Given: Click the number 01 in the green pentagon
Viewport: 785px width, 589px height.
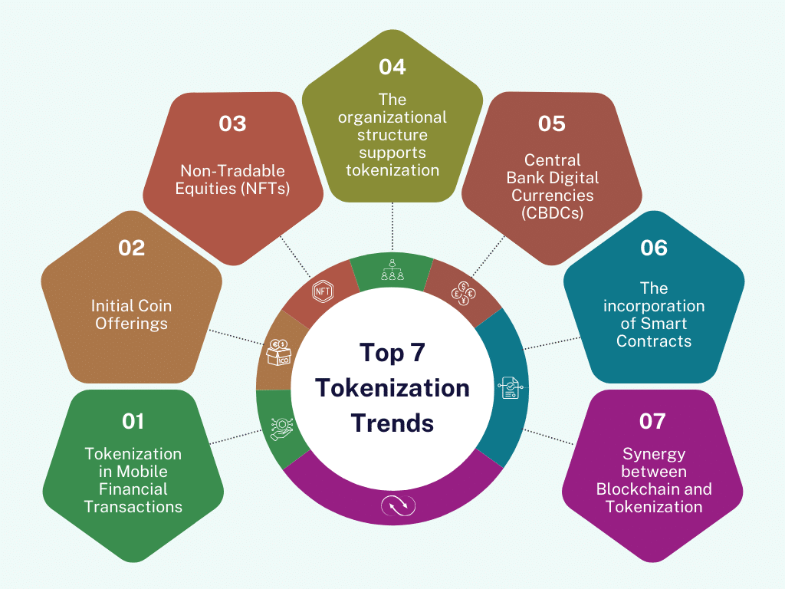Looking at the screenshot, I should pyautogui.click(x=133, y=420).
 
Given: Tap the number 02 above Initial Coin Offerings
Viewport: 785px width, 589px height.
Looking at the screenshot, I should pyautogui.click(x=131, y=248).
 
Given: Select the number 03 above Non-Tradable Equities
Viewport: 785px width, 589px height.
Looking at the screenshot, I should pyautogui.click(x=232, y=123).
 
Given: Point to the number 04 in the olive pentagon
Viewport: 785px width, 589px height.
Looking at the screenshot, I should pyautogui.click(x=392, y=67).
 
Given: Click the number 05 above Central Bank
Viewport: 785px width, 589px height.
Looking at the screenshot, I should pyautogui.click(x=551, y=123).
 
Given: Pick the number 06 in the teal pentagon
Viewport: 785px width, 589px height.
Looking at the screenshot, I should pyautogui.click(x=653, y=248).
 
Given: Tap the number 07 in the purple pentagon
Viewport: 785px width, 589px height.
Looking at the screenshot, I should pyautogui.click(x=652, y=420).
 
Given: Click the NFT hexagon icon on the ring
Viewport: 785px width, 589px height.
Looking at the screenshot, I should pyautogui.click(x=322, y=291).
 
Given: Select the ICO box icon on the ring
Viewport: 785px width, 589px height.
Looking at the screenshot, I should pyautogui.click(x=277, y=351).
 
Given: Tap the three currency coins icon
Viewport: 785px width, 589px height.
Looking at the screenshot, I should pyautogui.click(x=463, y=292).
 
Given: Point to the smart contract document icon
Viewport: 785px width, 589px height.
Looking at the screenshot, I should pyautogui.click(x=509, y=387).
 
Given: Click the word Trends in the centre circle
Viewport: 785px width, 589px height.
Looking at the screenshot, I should pyautogui.click(x=392, y=423).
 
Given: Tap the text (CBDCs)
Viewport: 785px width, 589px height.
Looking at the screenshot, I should pyautogui.click(x=551, y=213).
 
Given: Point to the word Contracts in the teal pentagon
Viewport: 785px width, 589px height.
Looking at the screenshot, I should pyautogui.click(x=654, y=341).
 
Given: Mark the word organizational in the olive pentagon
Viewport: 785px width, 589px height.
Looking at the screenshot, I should pyautogui.click(x=392, y=117).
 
